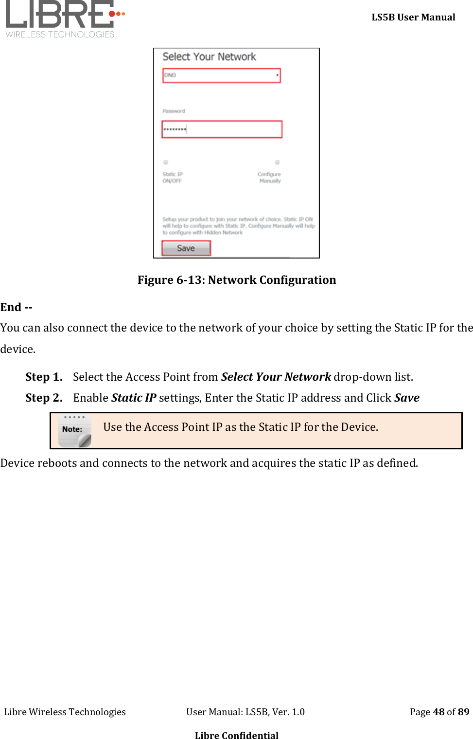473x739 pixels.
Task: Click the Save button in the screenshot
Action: tap(186, 248)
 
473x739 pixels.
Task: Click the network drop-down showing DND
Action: tap(222, 75)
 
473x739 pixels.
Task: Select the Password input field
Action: tap(222, 129)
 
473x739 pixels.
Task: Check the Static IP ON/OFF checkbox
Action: tap(166, 162)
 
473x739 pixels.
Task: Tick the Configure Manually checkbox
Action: tap(277, 162)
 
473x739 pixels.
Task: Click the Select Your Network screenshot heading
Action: tap(209, 57)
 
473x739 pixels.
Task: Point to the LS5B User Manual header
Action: tap(413, 18)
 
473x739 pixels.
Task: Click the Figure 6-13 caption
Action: tap(237, 280)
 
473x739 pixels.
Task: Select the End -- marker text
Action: tap(17, 307)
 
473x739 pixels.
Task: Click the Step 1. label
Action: tap(44, 377)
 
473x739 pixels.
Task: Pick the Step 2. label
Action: tap(44, 398)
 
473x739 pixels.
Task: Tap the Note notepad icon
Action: tap(74, 430)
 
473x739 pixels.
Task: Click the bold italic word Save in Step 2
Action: tap(407, 398)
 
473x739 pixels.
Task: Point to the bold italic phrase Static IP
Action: tap(134, 398)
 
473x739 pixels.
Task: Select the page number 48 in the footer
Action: tap(438, 712)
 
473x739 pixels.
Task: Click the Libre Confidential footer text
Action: tap(237, 735)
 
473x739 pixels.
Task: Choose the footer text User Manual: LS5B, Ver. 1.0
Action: tap(245, 712)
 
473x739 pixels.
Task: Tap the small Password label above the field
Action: tap(174, 111)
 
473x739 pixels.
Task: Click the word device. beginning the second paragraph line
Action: tap(18, 349)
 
